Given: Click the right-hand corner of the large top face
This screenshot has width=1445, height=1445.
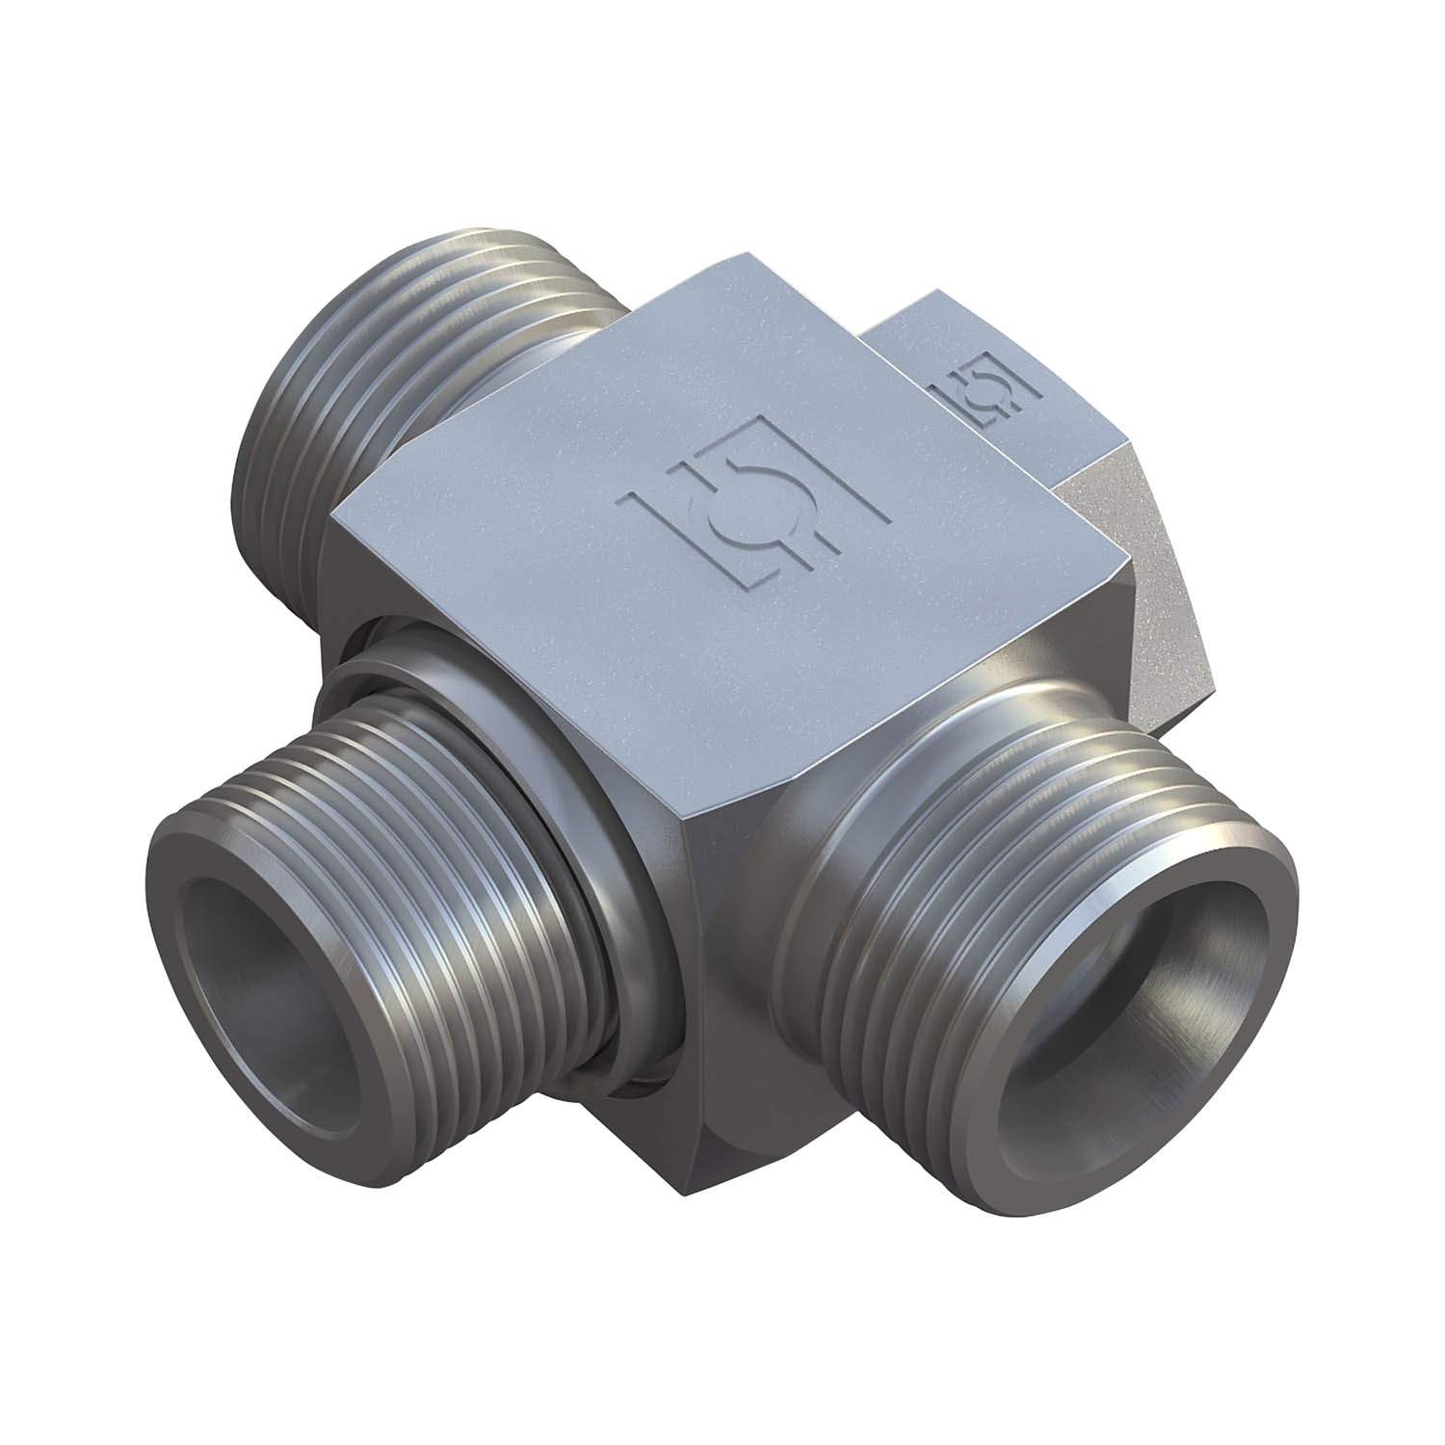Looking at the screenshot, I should (x=1127, y=564).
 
